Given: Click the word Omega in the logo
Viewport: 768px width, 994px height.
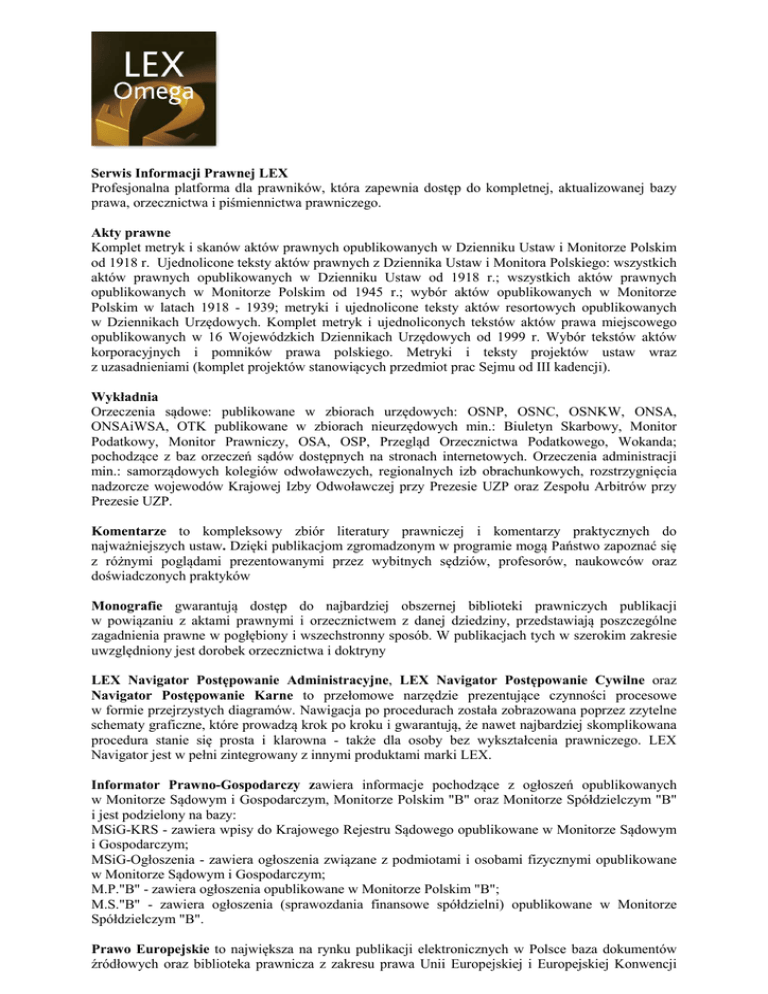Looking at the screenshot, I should tap(153, 92).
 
